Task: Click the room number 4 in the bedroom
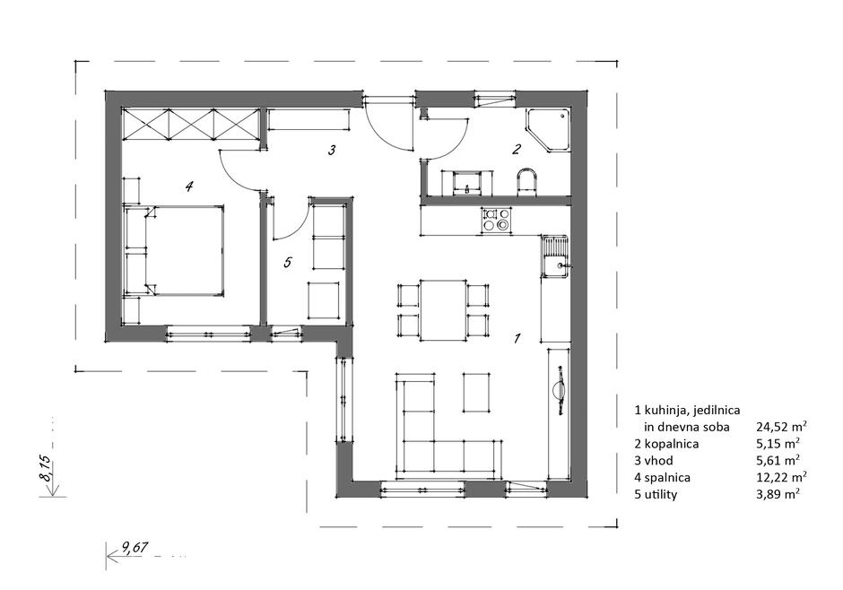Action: (188, 187)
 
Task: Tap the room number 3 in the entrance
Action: (332, 150)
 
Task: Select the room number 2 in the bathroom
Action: (517, 149)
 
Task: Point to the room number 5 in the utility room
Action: (288, 262)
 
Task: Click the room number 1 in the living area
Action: (517, 338)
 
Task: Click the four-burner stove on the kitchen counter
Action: (495, 221)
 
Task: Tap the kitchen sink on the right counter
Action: (555, 256)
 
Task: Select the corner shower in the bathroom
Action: (548, 129)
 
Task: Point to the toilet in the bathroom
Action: (527, 183)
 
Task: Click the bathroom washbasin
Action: (467, 183)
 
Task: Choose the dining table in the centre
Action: (443, 310)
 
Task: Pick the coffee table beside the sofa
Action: (476, 392)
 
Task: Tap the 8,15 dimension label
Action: (47, 468)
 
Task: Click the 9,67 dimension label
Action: (135, 548)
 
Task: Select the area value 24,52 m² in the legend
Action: (781, 427)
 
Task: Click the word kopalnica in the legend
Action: (671, 444)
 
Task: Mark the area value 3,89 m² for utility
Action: (778, 494)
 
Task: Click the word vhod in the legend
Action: (658, 461)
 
